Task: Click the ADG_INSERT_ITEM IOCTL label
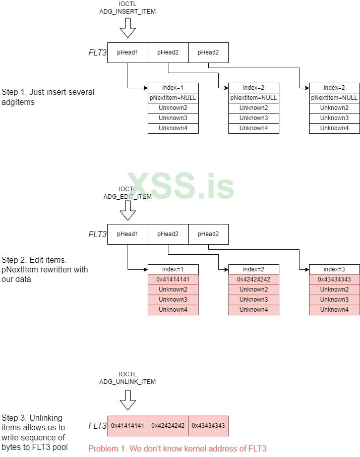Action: click(128, 8)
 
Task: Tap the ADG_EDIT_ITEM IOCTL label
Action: click(128, 193)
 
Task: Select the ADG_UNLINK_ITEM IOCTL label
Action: click(128, 378)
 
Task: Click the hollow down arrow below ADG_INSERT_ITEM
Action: click(128, 28)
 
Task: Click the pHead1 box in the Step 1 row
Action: click(128, 52)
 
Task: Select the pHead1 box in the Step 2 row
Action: click(128, 234)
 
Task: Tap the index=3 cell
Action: click(334, 269)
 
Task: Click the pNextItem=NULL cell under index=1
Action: click(173, 98)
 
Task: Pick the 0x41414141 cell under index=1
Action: click(173, 279)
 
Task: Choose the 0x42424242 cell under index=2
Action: click(254, 279)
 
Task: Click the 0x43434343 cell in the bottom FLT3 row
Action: click(208, 426)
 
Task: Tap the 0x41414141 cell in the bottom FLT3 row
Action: click(128, 426)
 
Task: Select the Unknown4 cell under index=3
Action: click(334, 310)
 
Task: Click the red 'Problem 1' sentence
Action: click(177, 448)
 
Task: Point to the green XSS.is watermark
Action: click(180, 186)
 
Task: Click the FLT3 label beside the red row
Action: click(97, 426)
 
